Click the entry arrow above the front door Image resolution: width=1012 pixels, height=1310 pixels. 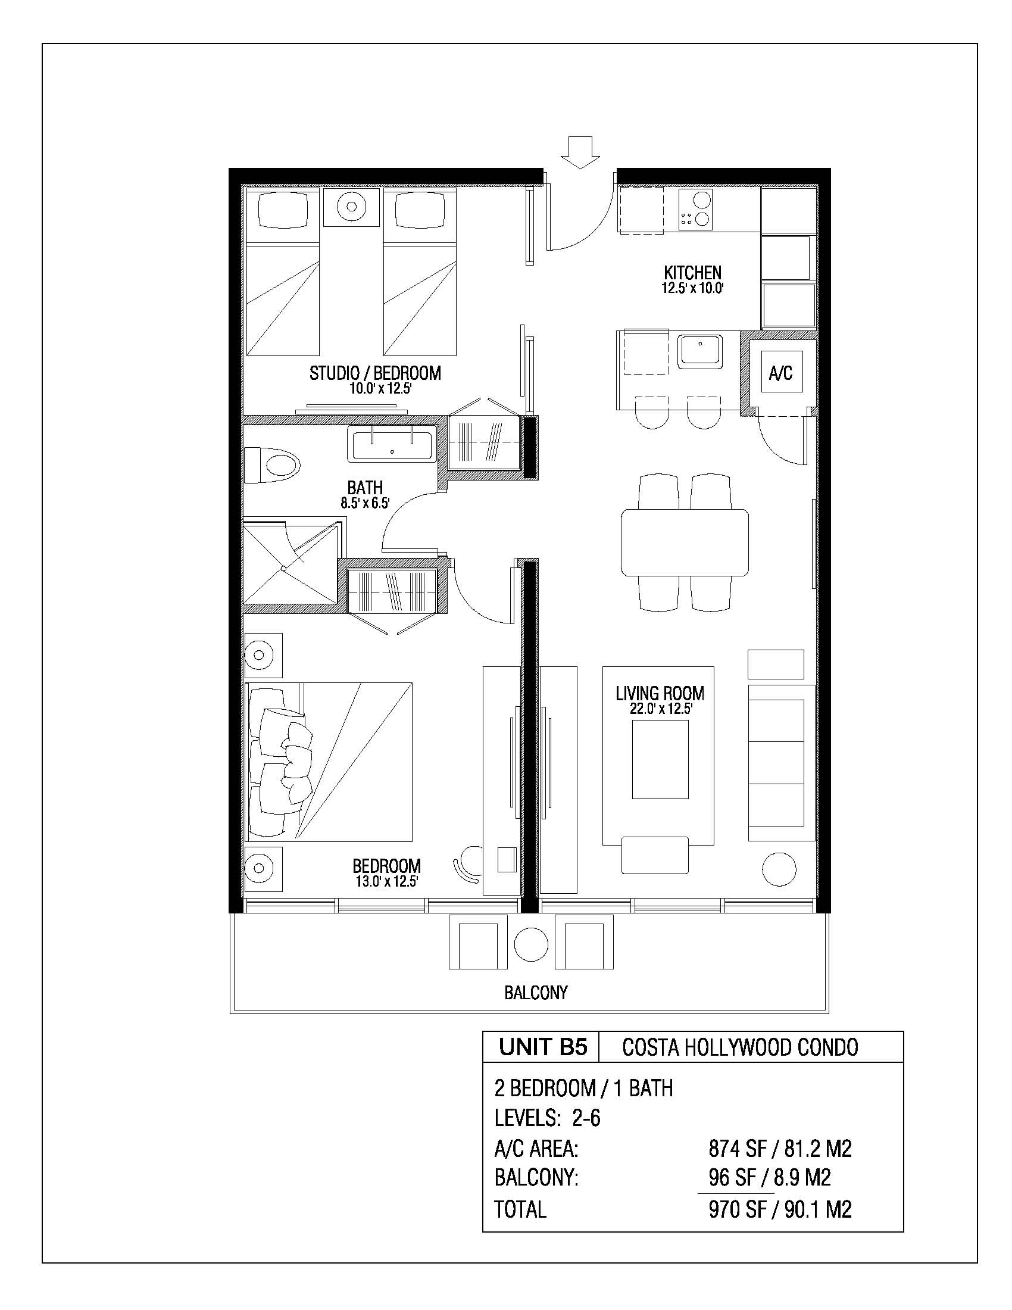[x=580, y=152]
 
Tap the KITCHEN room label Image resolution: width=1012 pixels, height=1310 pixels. [x=692, y=273]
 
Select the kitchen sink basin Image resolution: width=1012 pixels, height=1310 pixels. [x=700, y=351]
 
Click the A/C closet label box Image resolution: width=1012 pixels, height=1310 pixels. [x=780, y=373]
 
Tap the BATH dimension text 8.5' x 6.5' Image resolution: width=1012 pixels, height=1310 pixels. [x=365, y=503]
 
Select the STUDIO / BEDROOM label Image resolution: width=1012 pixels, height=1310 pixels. [x=375, y=373]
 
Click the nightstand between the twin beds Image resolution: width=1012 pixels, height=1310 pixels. [x=352, y=207]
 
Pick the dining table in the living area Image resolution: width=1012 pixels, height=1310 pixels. [x=685, y=542]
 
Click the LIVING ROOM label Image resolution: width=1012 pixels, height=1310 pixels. [x=660, y=693]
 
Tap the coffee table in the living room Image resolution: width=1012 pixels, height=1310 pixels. [x=660, y=759]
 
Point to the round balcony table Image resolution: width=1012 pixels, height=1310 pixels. [x=530, y=944]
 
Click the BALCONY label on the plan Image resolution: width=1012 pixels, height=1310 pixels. [x=536, y=993]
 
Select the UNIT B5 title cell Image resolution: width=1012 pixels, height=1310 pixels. [x=542, y=1047]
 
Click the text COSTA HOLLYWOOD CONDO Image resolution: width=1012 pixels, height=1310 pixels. [x=741, y=1047]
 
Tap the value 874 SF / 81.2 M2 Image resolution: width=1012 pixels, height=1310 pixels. [x=780, y=1149]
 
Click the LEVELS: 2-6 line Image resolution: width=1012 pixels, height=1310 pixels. [x=547, y=1118]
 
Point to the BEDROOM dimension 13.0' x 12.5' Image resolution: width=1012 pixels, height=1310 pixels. [x=386, y=881]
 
